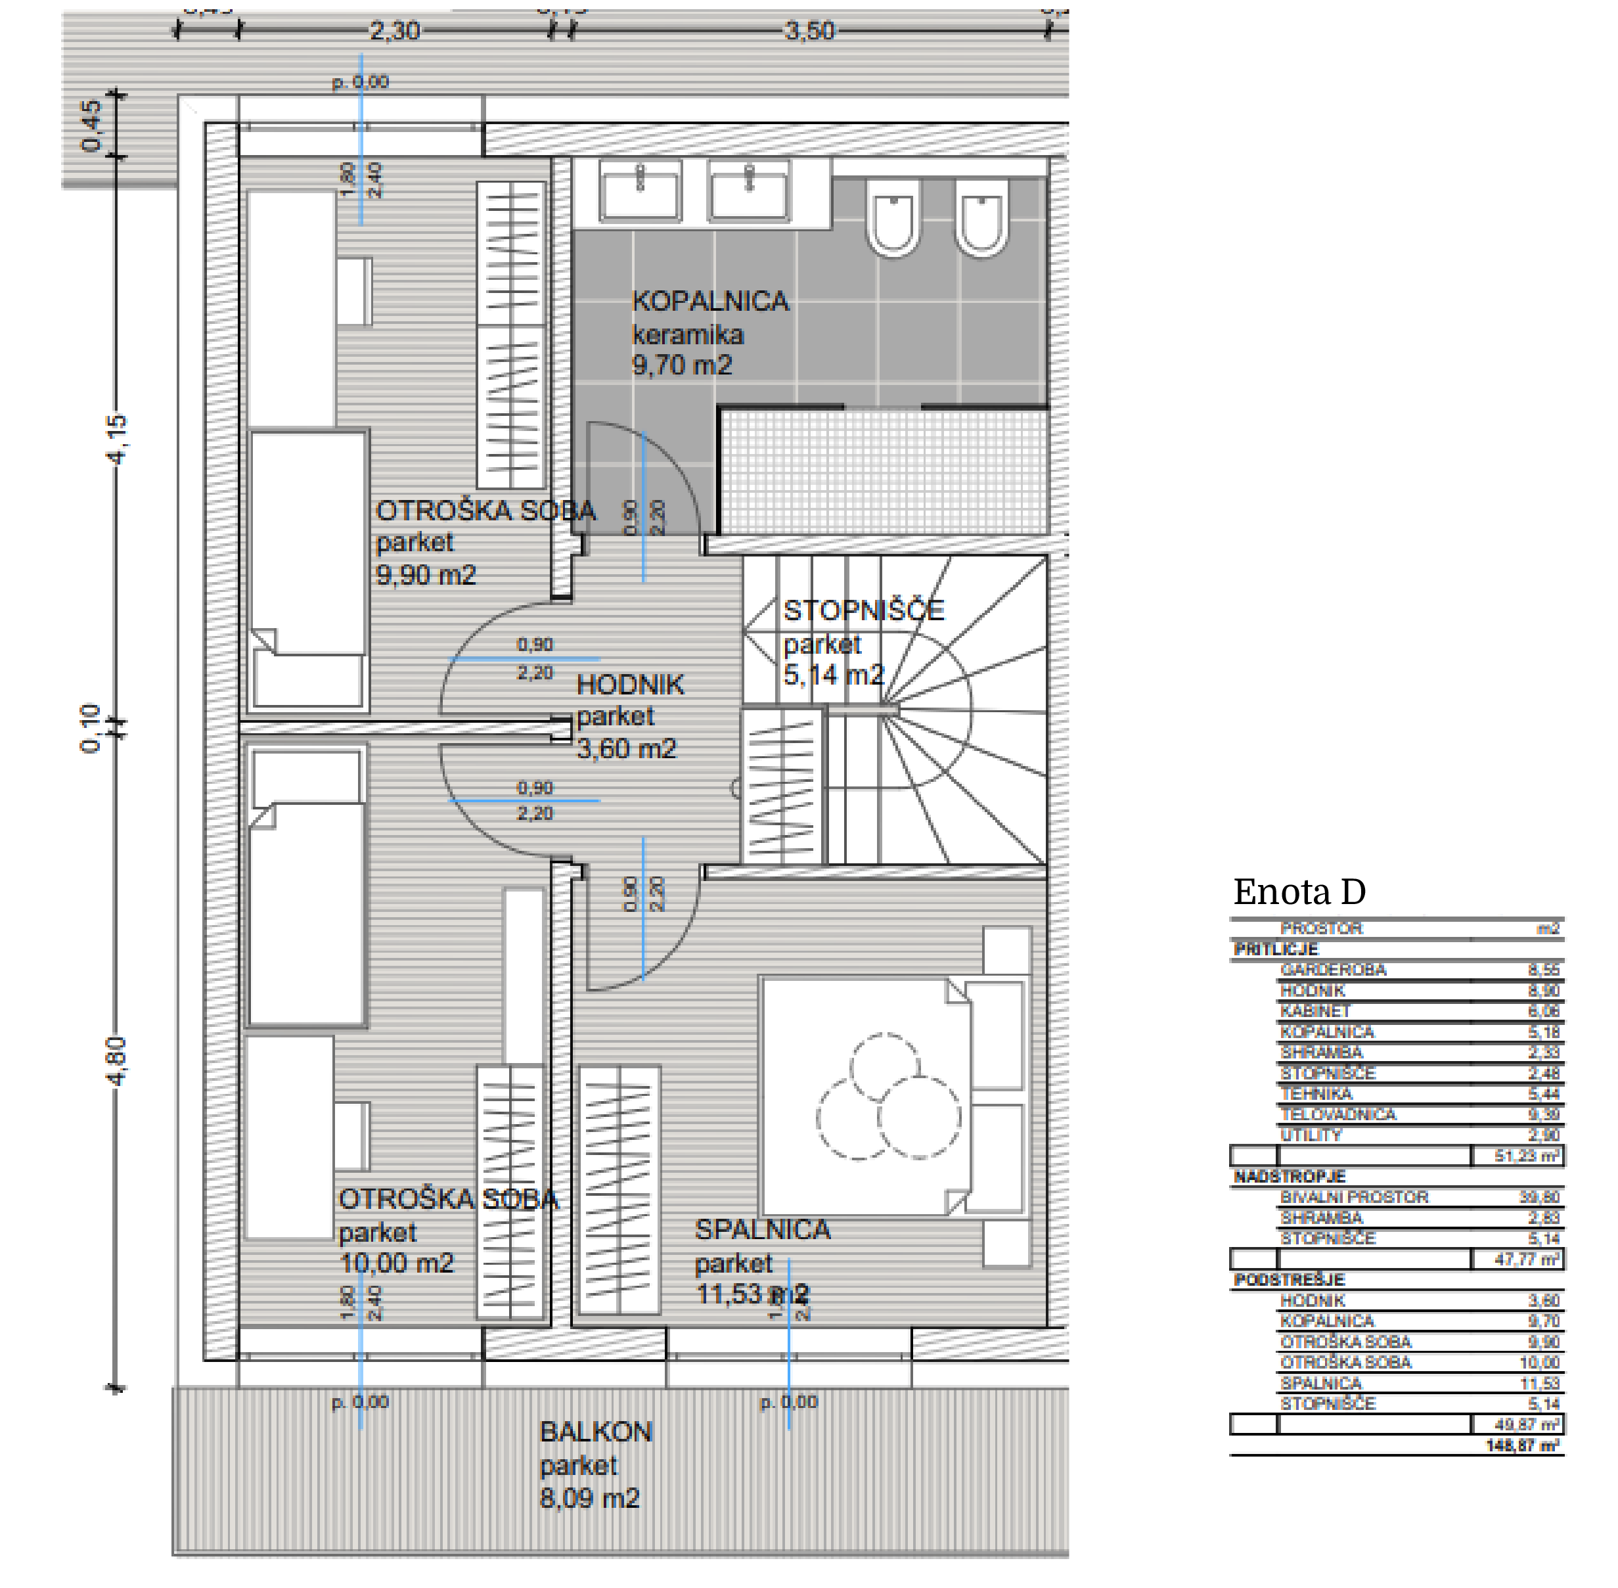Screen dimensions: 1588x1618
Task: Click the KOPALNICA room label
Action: (709, 301)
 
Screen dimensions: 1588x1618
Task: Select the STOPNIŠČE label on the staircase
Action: (863, 610)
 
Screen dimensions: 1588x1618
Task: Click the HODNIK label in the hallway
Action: (630, 685)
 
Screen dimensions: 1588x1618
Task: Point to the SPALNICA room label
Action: (762, 1229)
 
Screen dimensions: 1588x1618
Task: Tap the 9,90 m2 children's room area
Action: (425, 575)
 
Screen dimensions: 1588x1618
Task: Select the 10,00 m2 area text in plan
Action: (396, 1263)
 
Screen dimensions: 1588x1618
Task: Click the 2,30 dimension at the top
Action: (395, 31)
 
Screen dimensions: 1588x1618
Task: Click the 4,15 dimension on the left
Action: (118, 439)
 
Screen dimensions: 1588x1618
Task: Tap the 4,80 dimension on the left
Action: (118, 1061)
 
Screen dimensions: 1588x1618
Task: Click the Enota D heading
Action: (1299, 892)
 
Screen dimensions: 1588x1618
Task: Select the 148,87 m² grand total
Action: (1522, 1445)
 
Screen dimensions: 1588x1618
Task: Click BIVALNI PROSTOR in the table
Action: (1354, 1197)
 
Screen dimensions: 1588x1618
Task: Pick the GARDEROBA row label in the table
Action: (1333, 970)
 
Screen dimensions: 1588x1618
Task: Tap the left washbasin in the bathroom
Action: (640, 191)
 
